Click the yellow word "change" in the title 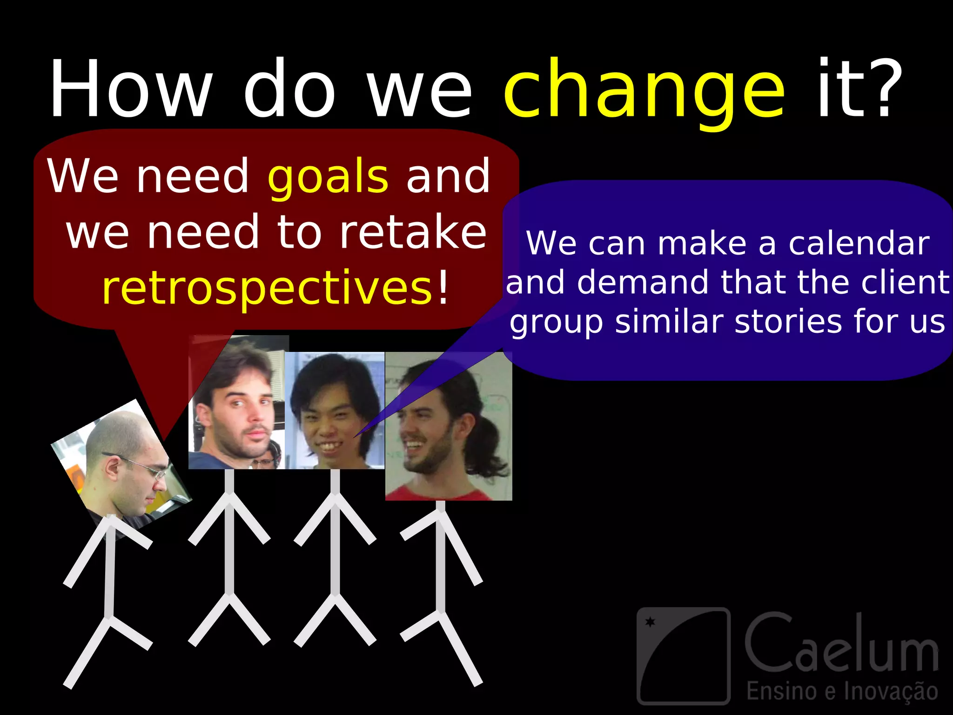point(644,91)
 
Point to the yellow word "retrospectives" point(267,289)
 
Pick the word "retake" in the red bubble point(412,232)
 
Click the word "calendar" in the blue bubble point(859,243)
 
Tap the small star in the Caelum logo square point(650,622)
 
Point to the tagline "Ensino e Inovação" point(842,691)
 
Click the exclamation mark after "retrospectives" point(443,288)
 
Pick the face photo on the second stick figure point(236,403)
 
